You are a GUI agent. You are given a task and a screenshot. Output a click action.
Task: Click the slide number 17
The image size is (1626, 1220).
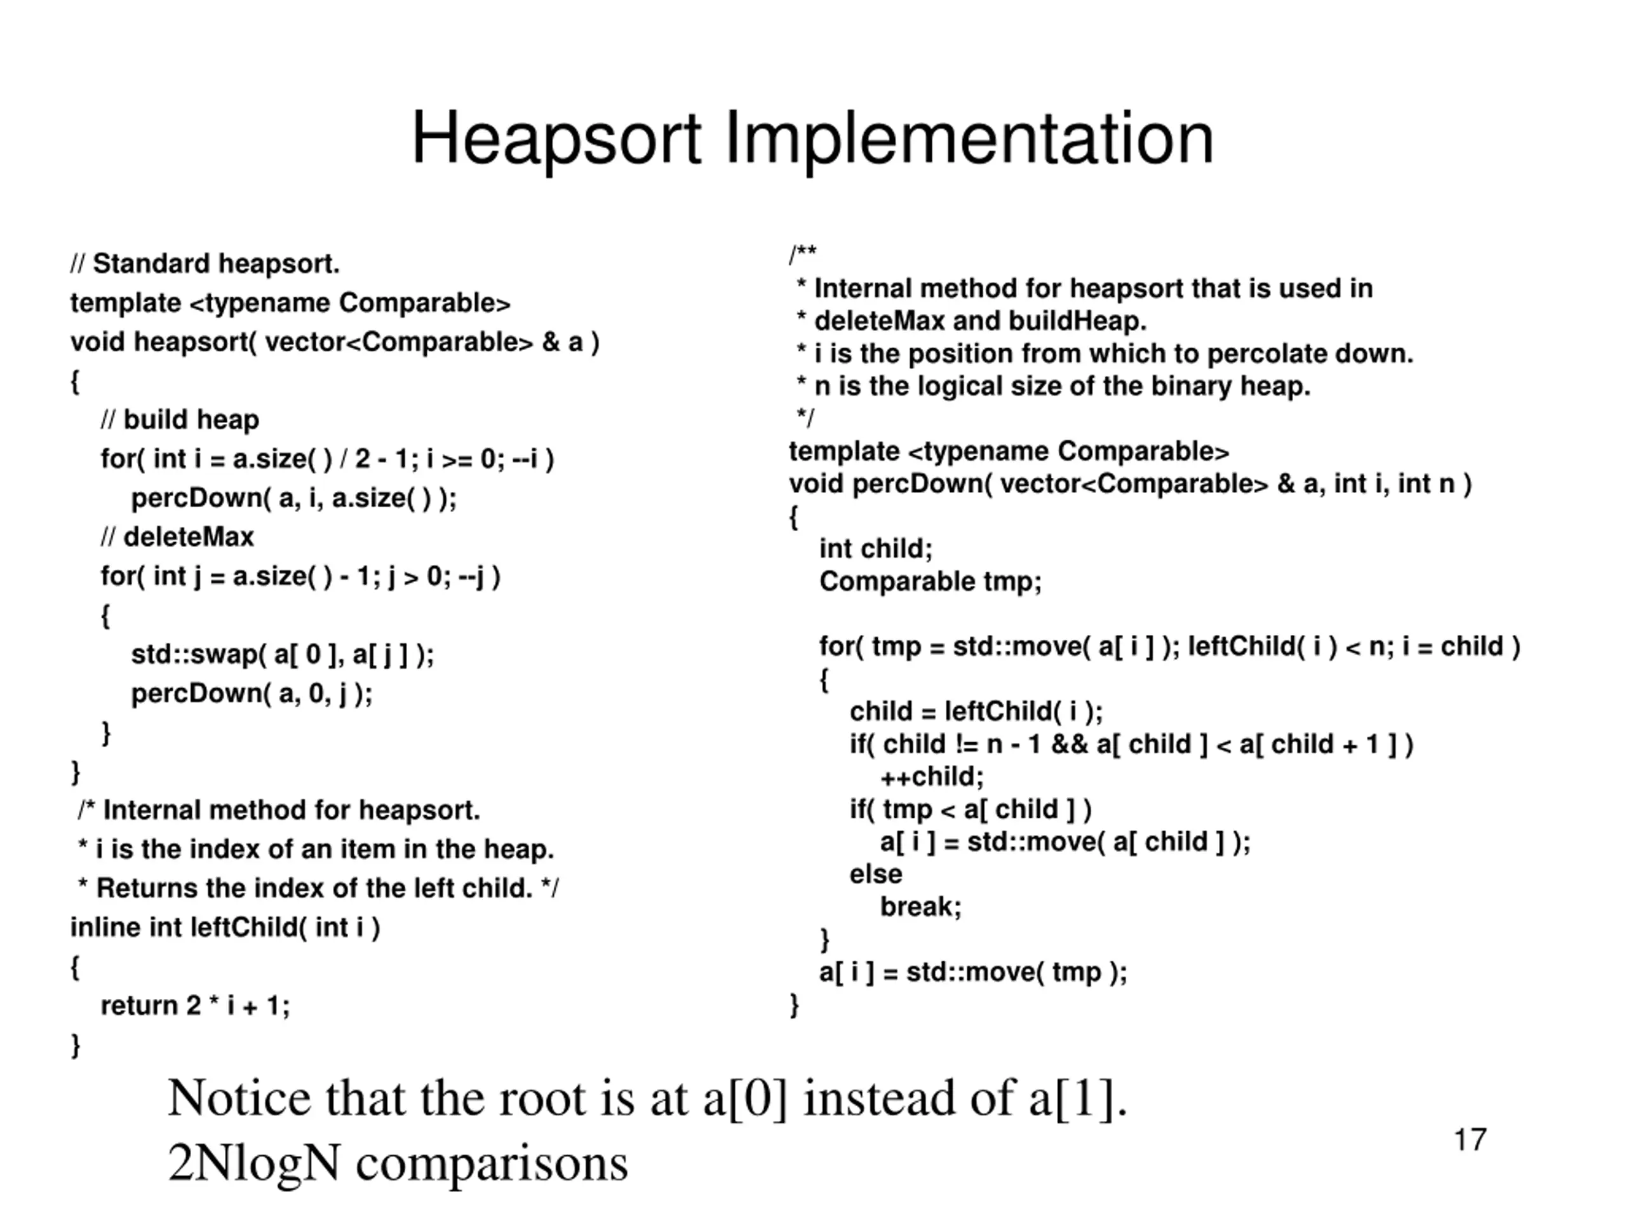[1469, 1140]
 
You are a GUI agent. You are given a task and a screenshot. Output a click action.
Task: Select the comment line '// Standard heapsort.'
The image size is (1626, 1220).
[205, 263]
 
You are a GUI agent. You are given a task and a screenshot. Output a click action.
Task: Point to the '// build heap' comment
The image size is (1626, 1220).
[180, 420]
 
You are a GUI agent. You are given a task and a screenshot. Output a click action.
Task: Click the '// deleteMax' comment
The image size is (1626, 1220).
[177, 537]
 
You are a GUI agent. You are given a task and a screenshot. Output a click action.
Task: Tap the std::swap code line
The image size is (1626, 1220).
[282, 654]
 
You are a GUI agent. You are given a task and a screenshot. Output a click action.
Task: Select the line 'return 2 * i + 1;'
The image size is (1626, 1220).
[196, 1005]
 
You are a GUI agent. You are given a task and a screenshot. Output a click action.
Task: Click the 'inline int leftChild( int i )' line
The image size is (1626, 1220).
[225, 927]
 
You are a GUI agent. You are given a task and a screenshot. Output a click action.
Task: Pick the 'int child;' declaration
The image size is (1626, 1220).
[875, 548]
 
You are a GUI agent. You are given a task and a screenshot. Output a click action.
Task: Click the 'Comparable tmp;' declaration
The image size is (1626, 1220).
[931, 581]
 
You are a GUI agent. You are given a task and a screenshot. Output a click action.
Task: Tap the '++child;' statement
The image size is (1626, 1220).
[931, 776]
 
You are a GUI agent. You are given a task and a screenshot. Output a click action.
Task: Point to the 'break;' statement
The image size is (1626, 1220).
[920, 907]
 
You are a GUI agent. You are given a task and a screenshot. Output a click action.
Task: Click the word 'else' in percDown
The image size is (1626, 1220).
[875, 874]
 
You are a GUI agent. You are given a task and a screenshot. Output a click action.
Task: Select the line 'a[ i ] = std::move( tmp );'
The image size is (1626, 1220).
[972, 972]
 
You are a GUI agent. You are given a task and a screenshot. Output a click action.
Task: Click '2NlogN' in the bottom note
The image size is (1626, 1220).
[253, 1163]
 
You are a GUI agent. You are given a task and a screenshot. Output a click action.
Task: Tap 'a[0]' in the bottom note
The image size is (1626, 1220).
[744, 1098]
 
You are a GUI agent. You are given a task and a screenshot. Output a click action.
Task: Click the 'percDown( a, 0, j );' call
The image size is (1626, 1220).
[252, 693]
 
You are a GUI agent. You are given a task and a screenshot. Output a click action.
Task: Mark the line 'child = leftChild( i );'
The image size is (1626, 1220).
[976, 712]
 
